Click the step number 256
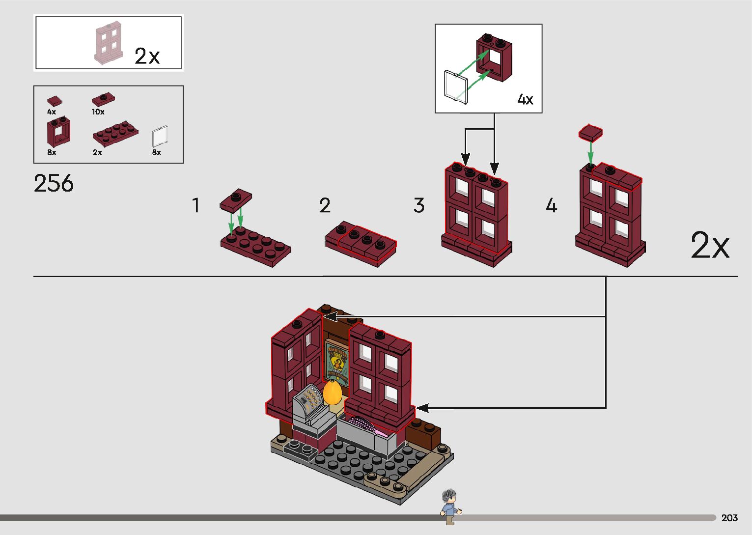[54, 183]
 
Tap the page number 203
[729, 518]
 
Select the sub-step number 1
[196, 205]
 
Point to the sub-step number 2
[325, 205]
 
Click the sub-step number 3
[418, 205]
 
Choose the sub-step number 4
[551, 205]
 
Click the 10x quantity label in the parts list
[98, 112]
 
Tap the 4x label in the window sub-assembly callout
[525, 100]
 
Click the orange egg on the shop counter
[332, 393]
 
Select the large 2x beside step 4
[710, 245]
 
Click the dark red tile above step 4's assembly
[590, 133]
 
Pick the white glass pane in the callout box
[456, 87]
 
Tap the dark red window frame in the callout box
[494, 57]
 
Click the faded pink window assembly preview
[108, 45]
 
